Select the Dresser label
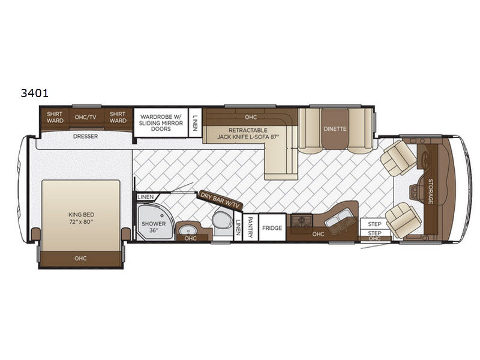[x=85, y=136]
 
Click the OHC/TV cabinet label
[x=85, y=116]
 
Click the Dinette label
[x=335, y=127]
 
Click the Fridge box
[x=272, y=228]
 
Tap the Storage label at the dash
[x=430, y=191]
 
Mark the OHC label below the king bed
[x=80, y=259]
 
